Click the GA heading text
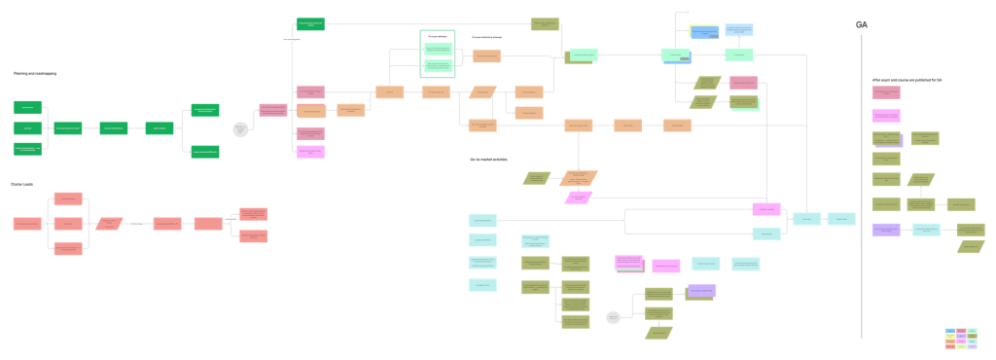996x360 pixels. click(x=862, y=24)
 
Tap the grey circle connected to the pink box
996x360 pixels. click(x=240, y=127)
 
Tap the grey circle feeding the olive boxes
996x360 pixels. click(x=613, y=315)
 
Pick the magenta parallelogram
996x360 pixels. click(x=578, y=198)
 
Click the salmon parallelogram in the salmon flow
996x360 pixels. click(x=110, y=224)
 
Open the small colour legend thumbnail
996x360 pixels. click(x=960, y=339)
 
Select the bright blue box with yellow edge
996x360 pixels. click(x=703, y=32)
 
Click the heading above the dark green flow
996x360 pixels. click(x=34, y=73)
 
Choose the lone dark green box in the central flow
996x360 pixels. click(x=310, y=23)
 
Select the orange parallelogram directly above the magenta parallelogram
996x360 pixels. click(x=584, y=177)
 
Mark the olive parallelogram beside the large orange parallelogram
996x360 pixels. click(x=537, y=177)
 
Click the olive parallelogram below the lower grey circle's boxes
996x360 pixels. click(x=659, y=333)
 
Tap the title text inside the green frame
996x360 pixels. click(x=438, y=36)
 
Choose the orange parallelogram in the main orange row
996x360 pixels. click(x=481, y=92)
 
